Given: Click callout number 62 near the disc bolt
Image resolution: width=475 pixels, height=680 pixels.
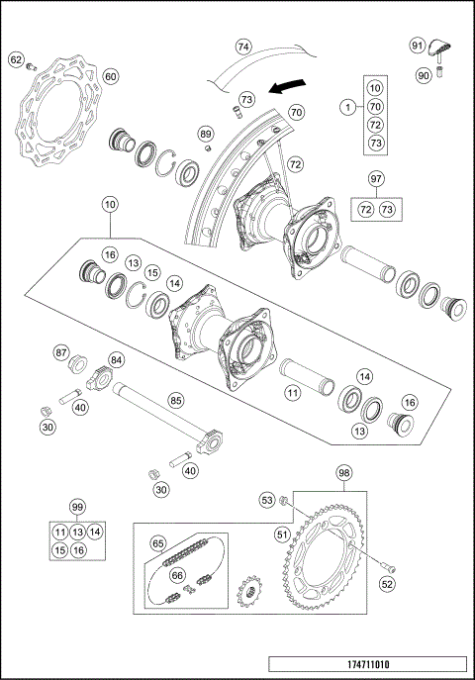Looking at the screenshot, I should pos(16,60).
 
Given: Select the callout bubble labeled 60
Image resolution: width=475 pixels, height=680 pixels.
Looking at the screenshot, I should pos(110,76).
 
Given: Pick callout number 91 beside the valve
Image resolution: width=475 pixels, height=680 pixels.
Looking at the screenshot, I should pos(417,45).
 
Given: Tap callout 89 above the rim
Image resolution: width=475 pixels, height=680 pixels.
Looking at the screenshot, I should pos(205,134).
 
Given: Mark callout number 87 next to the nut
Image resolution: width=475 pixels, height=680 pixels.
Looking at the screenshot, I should pos(60,353).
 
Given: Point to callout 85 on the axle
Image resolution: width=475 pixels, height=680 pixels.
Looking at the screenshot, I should pos(175,401).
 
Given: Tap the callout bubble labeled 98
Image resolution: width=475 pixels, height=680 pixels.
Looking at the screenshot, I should pos(343,473).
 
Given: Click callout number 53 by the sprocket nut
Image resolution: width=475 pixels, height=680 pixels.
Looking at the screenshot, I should pos(266,502).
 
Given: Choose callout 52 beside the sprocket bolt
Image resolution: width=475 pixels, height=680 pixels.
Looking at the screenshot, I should pos(386,584).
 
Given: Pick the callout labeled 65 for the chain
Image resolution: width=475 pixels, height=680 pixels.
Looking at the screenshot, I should pos(157,543).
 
